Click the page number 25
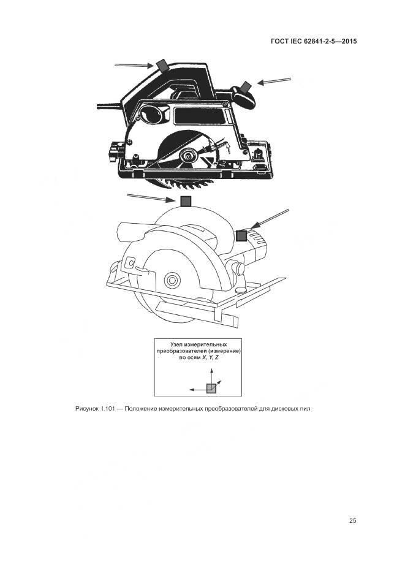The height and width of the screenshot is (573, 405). [x=352, y=521]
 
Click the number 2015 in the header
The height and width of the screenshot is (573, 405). [x=349, y=41]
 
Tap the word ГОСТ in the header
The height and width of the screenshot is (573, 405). [x=279, y=41]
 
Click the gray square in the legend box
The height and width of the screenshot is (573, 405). [x=211, y=389]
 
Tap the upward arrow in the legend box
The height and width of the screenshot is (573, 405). [x=211, y=376]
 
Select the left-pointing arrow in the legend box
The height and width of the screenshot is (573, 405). [x=198, y=390]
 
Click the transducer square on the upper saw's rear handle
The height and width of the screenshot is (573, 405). [x=162, y=65]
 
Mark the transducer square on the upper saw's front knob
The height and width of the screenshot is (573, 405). [x=246, y=87]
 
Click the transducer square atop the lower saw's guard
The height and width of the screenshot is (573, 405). [x=186, y=202]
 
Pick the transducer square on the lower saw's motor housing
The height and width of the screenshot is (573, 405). [x=241, y=236]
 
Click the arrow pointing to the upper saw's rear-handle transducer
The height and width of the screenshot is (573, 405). [x=134, y=66]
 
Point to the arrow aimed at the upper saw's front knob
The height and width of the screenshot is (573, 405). [x=274, y=81]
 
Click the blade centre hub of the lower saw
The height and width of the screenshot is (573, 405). [x=172, y=280]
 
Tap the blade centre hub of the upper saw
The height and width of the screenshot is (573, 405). [x=189, y=156]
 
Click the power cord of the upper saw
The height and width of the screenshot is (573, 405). [x=109, y=106]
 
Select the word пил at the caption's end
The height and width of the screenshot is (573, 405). [x=306, y=409]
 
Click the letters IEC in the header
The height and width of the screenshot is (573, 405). [x=295, y=41]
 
